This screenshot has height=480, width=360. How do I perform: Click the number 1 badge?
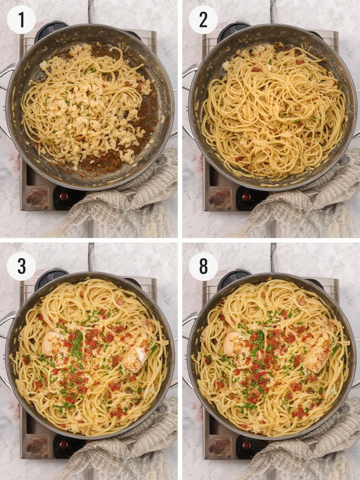coord(21,20)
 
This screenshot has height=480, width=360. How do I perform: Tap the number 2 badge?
coord(203,20)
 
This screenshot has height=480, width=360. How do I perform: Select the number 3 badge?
coord(21,266)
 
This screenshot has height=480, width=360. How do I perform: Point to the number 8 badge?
coord(203,266)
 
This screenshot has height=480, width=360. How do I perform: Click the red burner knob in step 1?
coord(63,196)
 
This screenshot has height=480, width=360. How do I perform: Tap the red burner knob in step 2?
coord(246,196)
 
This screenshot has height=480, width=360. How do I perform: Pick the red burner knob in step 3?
coord(63,444)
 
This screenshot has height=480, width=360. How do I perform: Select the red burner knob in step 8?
coord(246,444)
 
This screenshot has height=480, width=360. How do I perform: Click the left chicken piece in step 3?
coord(52,344)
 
